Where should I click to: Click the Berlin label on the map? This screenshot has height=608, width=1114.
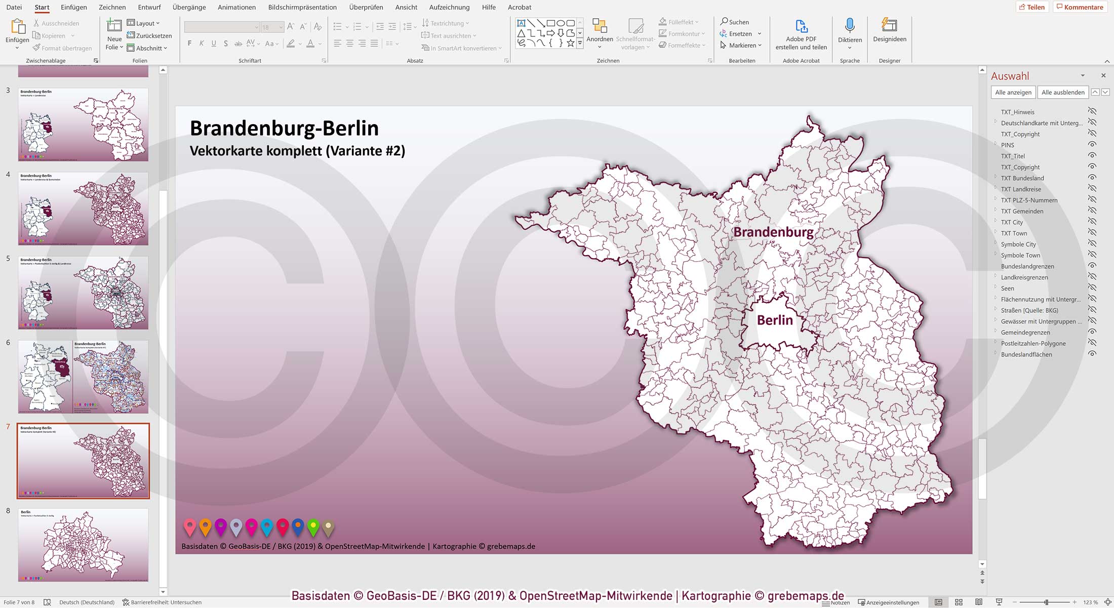tap(775, 320)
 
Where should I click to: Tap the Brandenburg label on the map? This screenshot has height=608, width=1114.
tap(773, 232)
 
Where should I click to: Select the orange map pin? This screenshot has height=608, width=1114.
tap(205, 527)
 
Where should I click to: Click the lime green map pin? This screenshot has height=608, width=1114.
tap(313, 527)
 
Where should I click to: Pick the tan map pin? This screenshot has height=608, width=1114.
tap(329, 528)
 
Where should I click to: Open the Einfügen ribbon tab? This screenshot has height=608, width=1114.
tap(73, 7)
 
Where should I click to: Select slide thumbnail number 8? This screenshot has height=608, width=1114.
tap(83, 545)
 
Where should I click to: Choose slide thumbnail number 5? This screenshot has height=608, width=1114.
tap(83, 293)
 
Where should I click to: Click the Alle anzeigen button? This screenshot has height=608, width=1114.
tap(1013, 92)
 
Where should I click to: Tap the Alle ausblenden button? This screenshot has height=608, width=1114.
tap(1063, 92)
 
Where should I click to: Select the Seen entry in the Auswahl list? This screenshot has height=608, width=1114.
tap(1007, 289)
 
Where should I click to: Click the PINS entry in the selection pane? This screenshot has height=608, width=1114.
tap(1007, 145)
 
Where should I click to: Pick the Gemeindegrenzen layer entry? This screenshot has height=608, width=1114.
tap(1025, 333)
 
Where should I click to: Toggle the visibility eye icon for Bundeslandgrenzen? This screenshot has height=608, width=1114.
tap(1092, 266)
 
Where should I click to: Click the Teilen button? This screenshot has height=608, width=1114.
tap(1032, 7)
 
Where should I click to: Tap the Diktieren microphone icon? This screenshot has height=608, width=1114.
tap(850, 26)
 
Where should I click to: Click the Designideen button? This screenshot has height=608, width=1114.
tap(889, 30)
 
